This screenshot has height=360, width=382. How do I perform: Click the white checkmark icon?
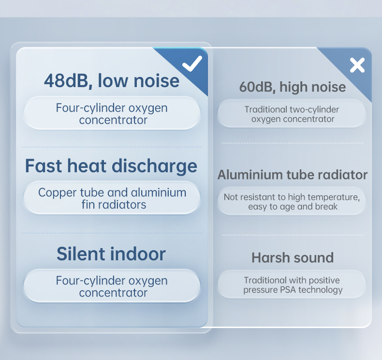pyautogui.click(x=192, y=63)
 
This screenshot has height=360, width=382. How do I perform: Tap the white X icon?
pyautogui.click(x=357, y=65)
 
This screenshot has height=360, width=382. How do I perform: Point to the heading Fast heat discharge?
pyautogui.click(x=111, y=166)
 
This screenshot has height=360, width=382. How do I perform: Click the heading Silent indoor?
pyautogui.click(x=111, y=254)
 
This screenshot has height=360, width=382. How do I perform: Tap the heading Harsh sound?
pyautogui.click(x=293, y=257)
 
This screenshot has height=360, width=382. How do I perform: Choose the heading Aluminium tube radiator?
pyautogui.click(x=293, y=175)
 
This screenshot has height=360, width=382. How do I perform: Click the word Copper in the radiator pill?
pyautogui.click(x=58, y=193)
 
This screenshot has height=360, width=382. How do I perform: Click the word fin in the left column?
pyautogui.click(x=88, y=205)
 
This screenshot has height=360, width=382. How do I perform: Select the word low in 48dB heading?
pyautogui.click(x=113, y=81)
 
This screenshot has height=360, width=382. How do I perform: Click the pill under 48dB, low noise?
pyautogui.click(x=112, y=113)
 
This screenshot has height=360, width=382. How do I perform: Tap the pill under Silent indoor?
pyautogui.click(x=112, y=286)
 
